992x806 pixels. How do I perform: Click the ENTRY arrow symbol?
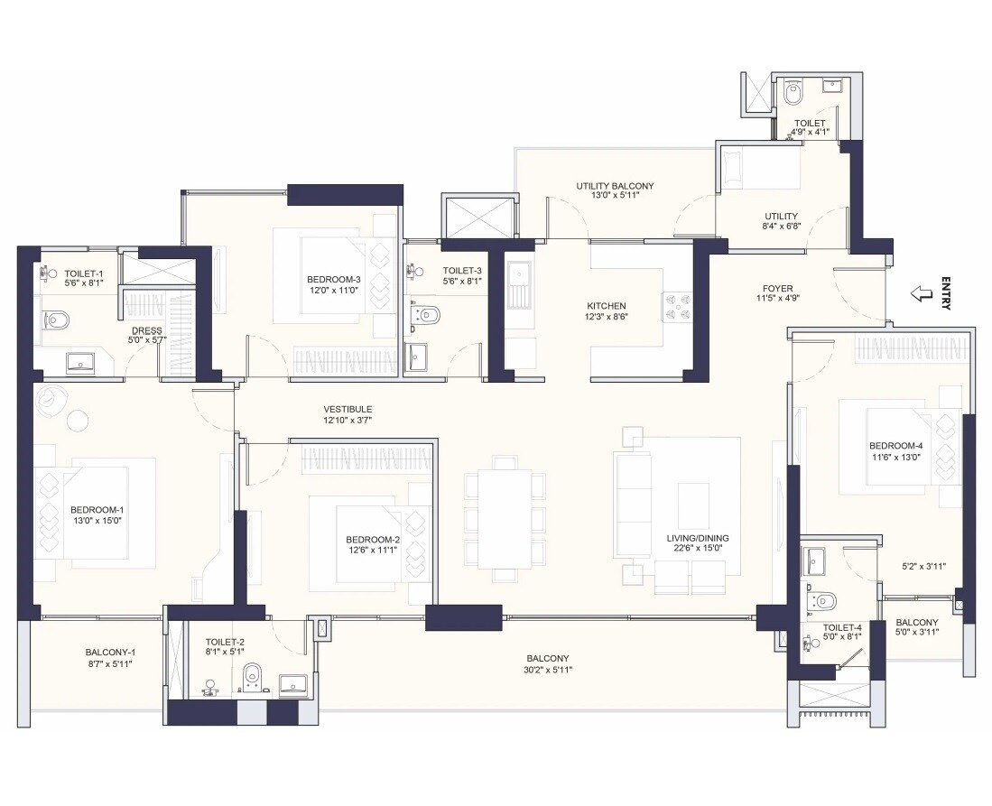[x=921, y=293]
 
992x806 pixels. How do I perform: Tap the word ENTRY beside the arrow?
[x=945, y=293]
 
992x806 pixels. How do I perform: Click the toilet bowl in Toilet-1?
[x=57, y=319]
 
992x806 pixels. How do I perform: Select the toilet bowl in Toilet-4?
[x=825, y=601]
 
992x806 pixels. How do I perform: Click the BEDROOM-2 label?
[x=372, y=540]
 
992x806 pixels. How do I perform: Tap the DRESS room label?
[x=146, y=330]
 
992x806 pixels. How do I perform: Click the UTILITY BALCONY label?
[x=615, y=186]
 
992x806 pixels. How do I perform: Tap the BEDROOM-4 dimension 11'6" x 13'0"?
[x=895, y=457]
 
